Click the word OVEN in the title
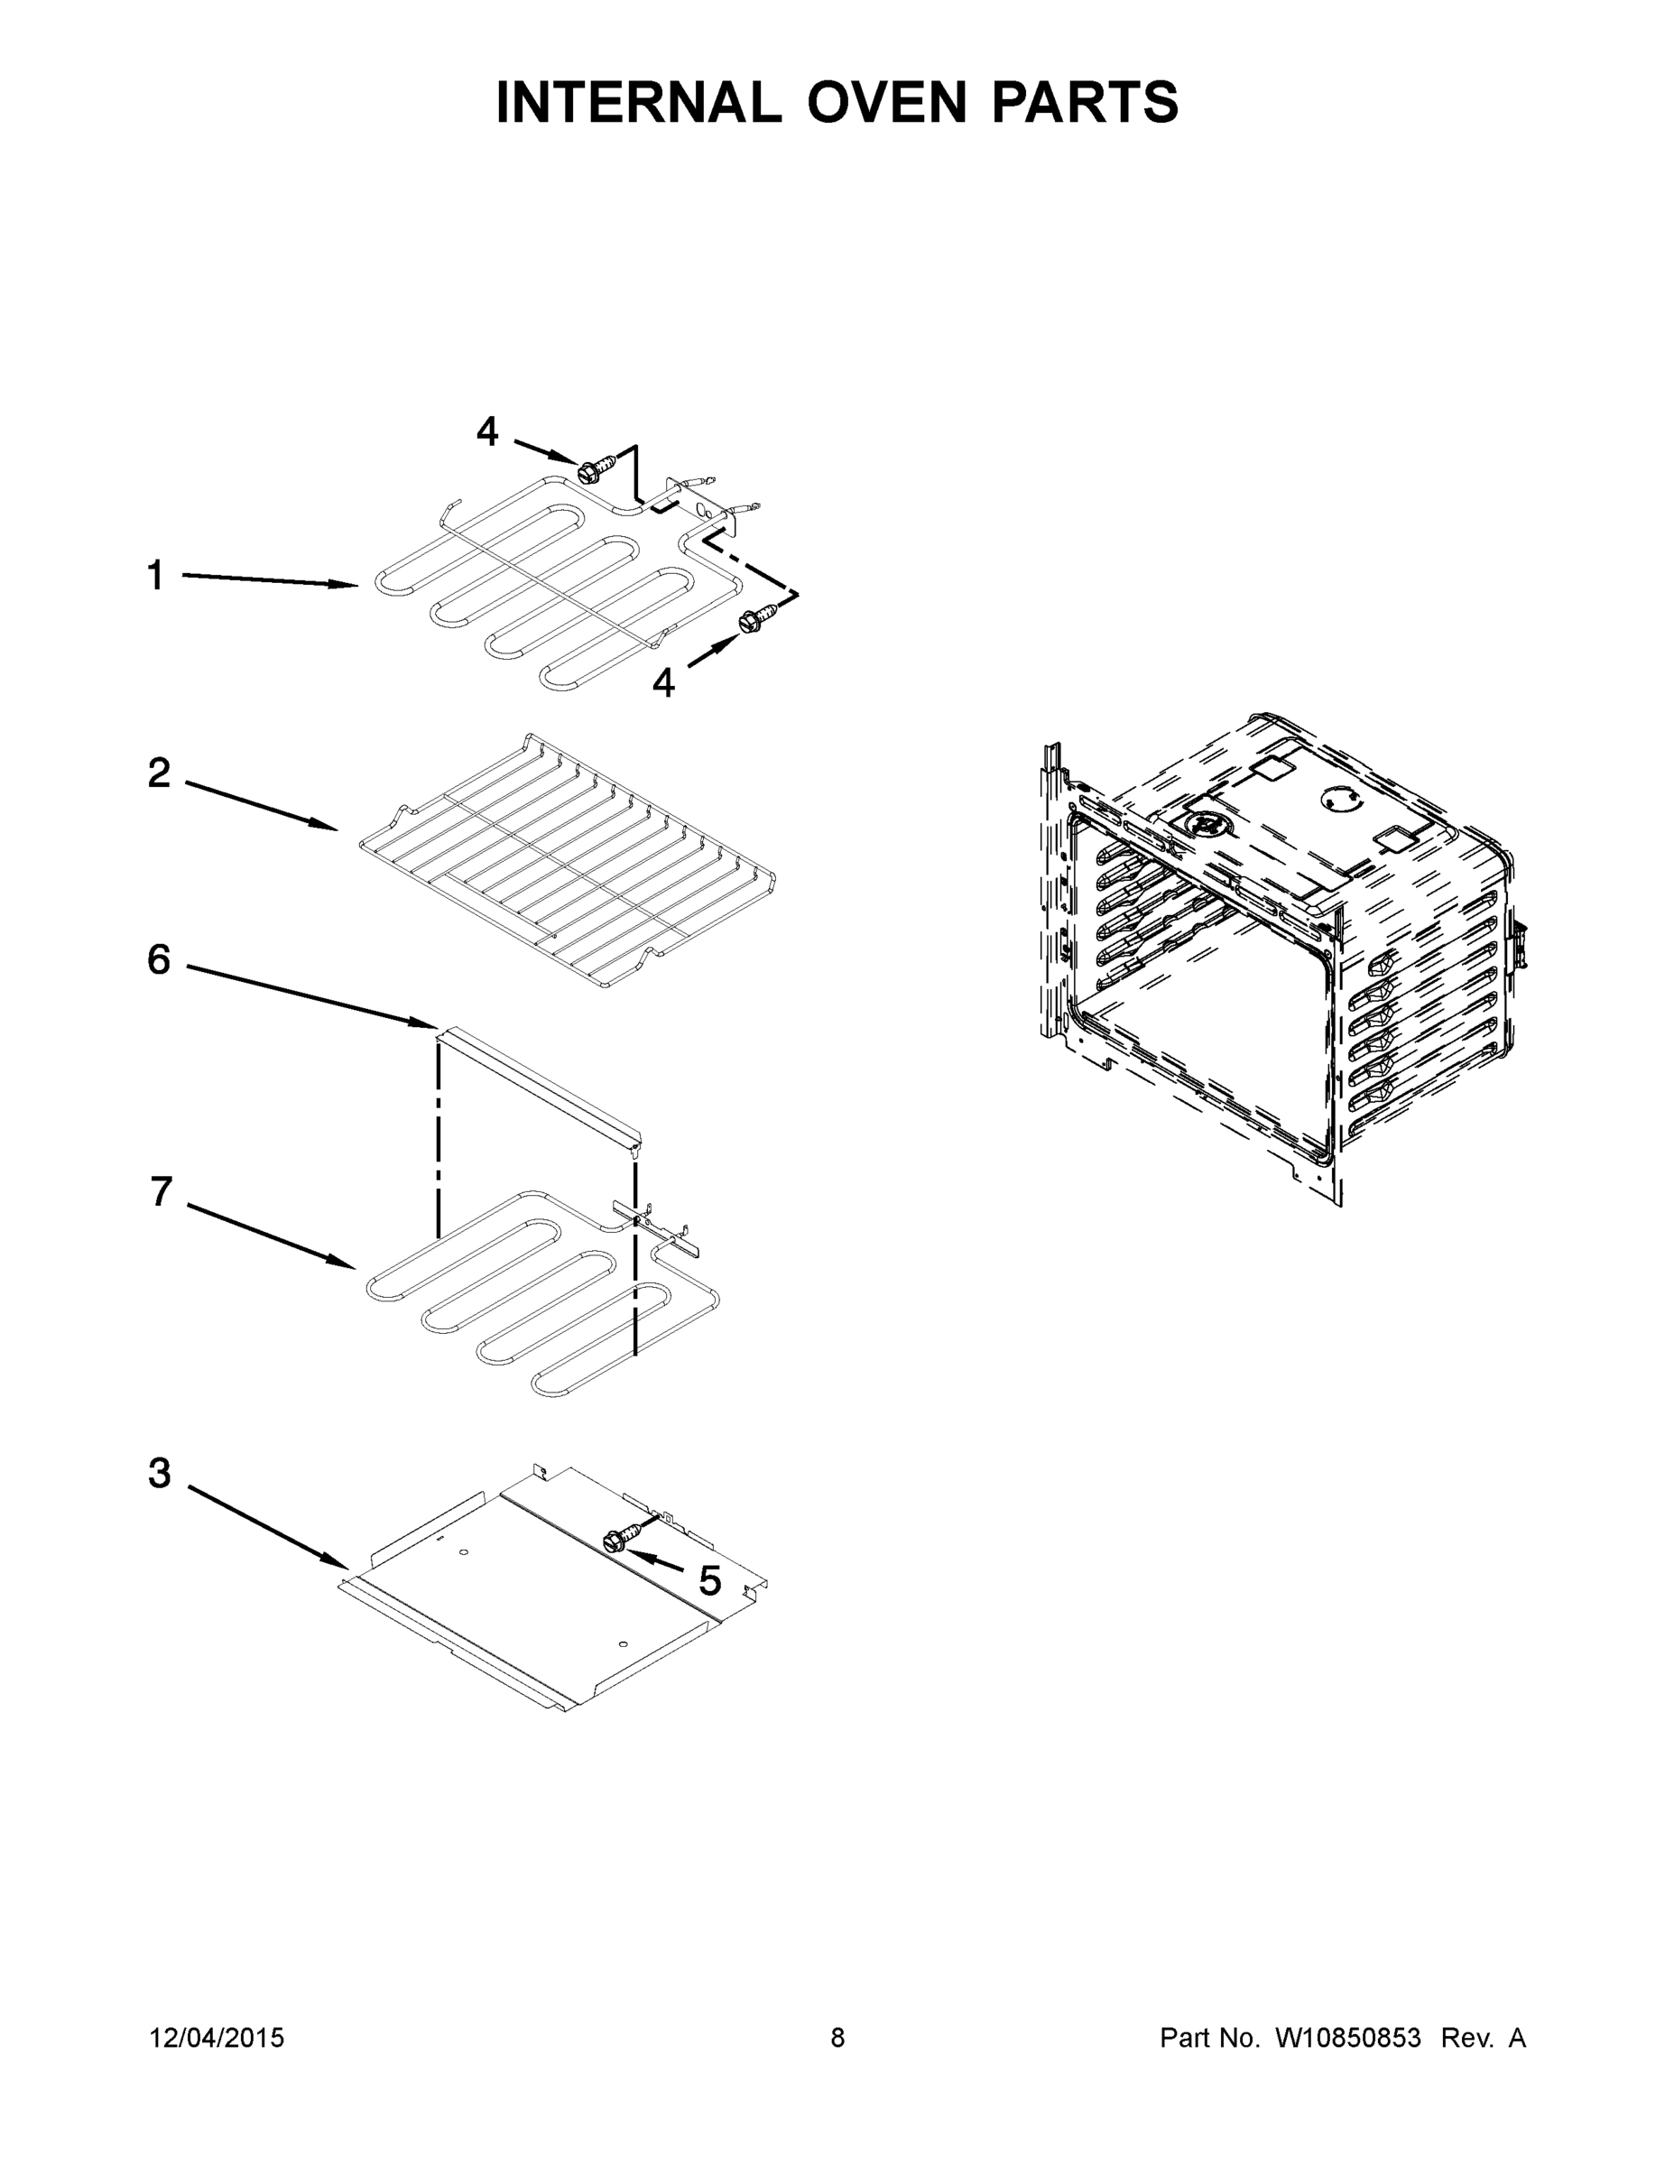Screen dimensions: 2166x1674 pos(885,102)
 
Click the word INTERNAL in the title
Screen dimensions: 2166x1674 pos(638,102)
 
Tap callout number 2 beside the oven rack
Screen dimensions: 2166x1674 pos(159,773)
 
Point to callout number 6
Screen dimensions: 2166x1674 pos(159,960)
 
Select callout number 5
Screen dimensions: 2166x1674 pos(709,1581)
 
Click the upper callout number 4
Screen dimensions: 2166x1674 pos(487,431)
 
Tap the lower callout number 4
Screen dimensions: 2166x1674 pos(662,682)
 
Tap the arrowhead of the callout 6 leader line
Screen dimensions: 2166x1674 pos(428,1023)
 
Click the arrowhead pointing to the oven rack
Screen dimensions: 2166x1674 pos(328,826)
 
